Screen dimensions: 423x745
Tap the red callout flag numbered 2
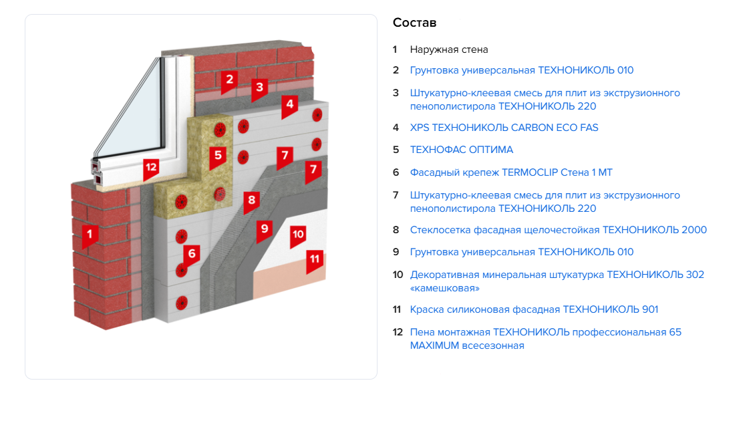coord(229,80)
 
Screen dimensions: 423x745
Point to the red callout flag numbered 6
coord(192,255)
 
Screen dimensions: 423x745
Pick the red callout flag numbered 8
coord(251,200)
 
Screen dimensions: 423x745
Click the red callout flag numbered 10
coord(298,235)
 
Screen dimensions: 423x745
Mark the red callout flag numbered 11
coord(315,259)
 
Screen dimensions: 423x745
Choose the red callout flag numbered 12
coord(151,168)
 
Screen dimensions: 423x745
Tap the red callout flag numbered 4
coord(289,105)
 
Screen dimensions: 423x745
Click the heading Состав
coord(414,23)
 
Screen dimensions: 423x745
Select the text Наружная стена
coord(449,49)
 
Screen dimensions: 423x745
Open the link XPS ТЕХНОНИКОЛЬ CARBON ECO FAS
coord(504,128)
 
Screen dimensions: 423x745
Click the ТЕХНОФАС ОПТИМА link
coord(461,150)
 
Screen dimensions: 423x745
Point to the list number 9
coord(396,252)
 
